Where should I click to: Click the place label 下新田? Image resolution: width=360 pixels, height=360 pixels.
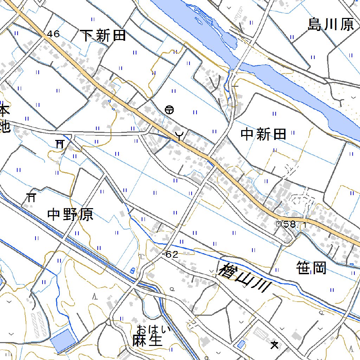coord(103,36)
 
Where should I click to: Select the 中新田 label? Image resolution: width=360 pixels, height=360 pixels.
coord(263,134)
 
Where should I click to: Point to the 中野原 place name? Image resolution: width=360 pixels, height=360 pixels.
coord(70,214)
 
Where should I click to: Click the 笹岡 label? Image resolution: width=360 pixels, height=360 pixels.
coord(311,268)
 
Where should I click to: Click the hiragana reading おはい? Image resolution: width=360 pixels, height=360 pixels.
coord(154,330)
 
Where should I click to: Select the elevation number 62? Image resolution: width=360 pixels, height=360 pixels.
coord(172,255)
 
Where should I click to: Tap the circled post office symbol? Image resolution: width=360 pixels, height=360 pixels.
coord(169,110)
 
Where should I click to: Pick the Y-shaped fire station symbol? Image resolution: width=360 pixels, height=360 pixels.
coord(180,135)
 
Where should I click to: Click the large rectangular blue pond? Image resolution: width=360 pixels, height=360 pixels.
coord(63,341)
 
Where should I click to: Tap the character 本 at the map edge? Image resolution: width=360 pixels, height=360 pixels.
coord(4,111)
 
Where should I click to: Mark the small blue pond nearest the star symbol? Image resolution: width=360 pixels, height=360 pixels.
coord(242,344)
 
